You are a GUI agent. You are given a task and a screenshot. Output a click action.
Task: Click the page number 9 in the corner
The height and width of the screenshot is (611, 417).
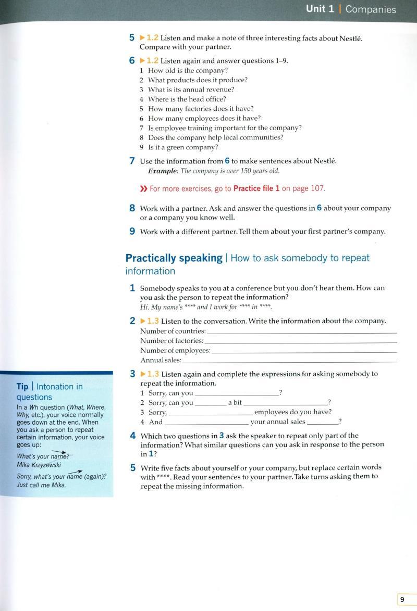(x=402, y=600)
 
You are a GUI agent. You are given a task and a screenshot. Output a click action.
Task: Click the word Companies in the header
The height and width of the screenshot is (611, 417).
(x=371, y=9)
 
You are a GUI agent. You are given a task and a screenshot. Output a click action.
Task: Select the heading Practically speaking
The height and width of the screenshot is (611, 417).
(x=174, y=258)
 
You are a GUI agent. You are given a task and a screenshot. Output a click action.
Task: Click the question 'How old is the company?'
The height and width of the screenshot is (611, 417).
(x=188, y=70)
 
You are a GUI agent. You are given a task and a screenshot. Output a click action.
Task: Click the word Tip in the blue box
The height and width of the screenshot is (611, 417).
(x=22, y=387)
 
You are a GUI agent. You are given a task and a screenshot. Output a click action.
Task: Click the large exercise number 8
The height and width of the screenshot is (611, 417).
(x=132, y=208)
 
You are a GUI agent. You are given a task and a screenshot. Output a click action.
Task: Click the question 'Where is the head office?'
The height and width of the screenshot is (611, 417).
(x=187, y=99)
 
